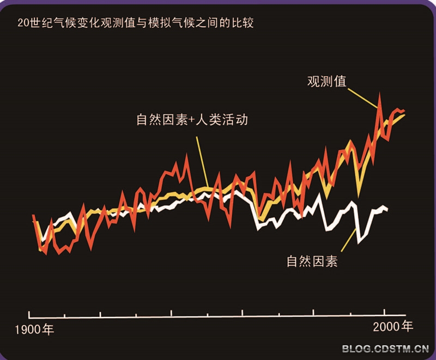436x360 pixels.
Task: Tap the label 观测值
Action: coord(327,82)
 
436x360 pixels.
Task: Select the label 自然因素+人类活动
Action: coord(192,119)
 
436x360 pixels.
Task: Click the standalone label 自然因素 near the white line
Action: coord(312,261)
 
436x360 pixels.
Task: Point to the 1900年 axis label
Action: coord(34,330)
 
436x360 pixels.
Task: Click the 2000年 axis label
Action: coord(392,327)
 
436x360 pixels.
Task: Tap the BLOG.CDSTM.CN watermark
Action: coord(385,349)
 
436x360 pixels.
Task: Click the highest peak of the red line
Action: coord(380,96)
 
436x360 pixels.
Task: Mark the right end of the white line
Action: coord(387,210)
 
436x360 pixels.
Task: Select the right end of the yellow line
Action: coord(404,115)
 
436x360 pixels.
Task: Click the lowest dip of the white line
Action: coord(359,241)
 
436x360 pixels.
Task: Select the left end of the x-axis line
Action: coord(29,314)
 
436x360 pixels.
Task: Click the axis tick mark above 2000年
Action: coord(385,312)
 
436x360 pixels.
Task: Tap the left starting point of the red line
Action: coord(33,216)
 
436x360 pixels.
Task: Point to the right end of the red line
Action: coord(404,111)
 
